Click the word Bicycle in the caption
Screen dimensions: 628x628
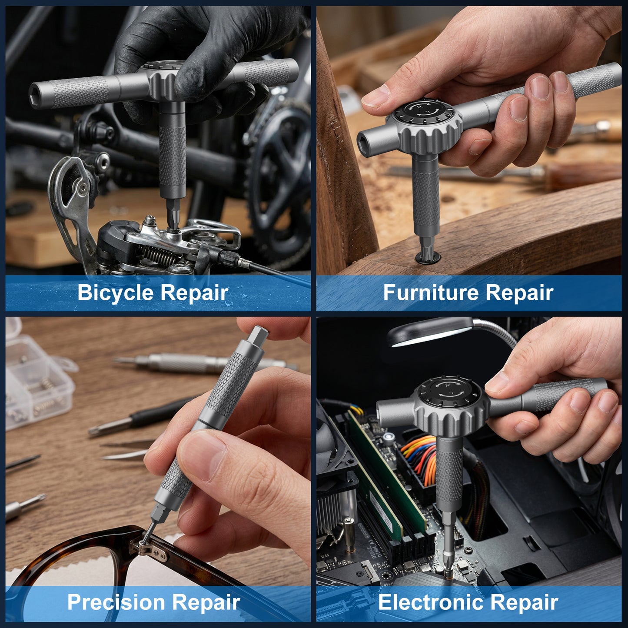tap(116, 293)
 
